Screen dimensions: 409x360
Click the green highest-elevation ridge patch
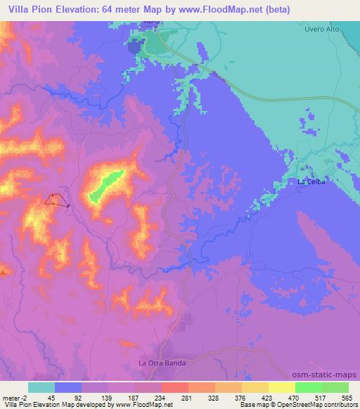[105, 185]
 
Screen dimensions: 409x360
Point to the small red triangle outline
[53, 200]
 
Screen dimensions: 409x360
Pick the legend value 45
[51, 397]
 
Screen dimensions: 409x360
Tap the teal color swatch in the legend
[41, 387]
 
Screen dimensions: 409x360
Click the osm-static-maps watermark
[326, 375]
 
